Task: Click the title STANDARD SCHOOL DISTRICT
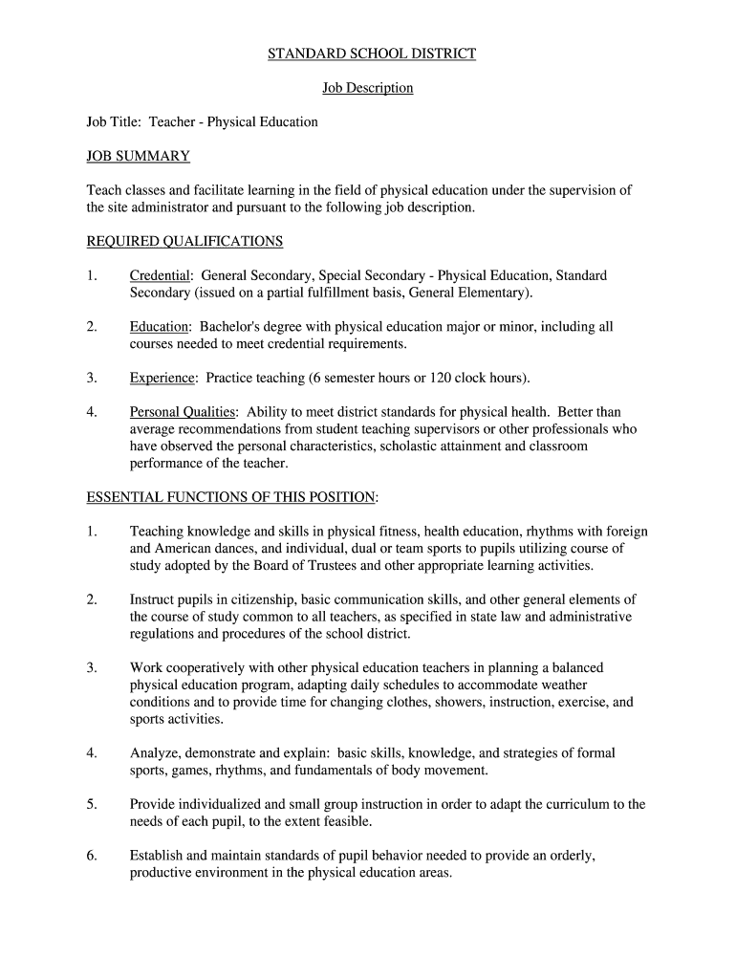pyautogui.click(x=371, y=54)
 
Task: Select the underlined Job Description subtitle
pyautogui.click(x=367, y=88)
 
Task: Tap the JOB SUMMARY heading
pyautogui.click(x=139, y=156)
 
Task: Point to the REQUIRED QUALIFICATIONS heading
pyautogui.click(x=184, y=241)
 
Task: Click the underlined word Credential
pyautogui.click(x=161, y=275)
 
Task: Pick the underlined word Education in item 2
pyautogui.click(x=160, y=327)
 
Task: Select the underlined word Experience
pyautogui.click(x=162, y=378)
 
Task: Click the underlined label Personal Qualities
pyautogui.click(x=183, y=412)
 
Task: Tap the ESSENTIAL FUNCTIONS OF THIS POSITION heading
pyautogui.click(x=230, y=497)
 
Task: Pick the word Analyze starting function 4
pyautogui.click(x=155, y=753)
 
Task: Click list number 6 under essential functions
pyautogui.click(x=92, y=856)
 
